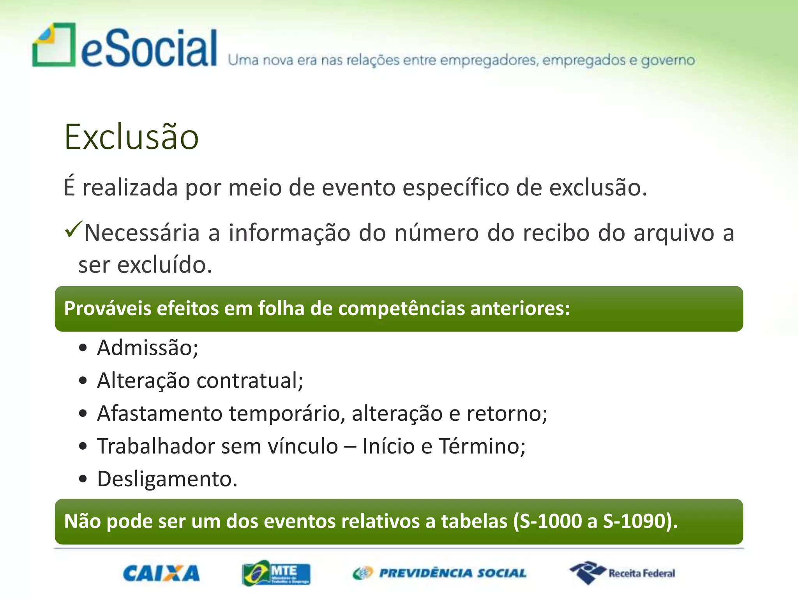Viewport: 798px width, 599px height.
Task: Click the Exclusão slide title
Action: tap(132, 137)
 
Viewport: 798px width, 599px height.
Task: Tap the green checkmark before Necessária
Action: tap(73, 229)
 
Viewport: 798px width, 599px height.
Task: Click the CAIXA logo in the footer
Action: tap(161, 574)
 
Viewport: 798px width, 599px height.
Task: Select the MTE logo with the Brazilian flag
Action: tap(276, 573)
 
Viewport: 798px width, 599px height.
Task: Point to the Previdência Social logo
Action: tap(440, 573)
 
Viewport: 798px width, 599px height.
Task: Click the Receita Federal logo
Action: tap(622, 573)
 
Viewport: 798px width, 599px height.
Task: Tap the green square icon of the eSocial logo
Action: tap(54, 45)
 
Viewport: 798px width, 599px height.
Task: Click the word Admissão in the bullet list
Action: tap(148, 347)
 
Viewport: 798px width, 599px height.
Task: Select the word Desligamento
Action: tap(167, 479)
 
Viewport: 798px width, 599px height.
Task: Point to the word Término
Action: tap(482, 446)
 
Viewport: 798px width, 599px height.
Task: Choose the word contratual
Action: tap(250, 381)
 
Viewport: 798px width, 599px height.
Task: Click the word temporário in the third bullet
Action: tap(287, 413)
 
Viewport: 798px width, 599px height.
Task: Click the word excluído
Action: tap(164, 265)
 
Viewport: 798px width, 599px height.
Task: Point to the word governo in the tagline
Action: tap(668, 61)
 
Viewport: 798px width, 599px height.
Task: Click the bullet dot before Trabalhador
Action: tap(83, 446)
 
